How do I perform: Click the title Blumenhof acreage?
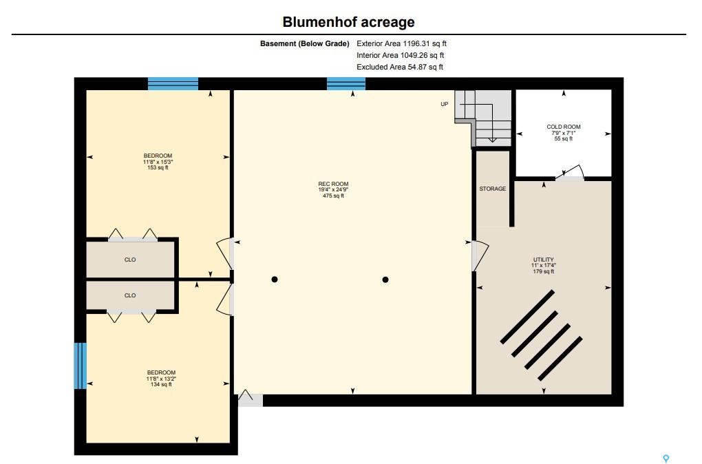pos(348,22)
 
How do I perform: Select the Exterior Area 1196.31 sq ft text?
pos(402,43)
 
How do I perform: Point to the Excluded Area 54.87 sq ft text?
pos(400,67)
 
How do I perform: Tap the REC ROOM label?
pos(333,184)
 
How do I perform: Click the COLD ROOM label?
pos(563,127)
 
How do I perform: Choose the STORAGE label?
pos(493,189)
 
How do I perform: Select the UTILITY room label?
pos(544,260)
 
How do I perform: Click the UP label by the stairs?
pos(444,104)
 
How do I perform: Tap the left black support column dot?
pos(275,280)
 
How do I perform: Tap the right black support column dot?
pos(385,280)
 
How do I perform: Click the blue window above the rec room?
pos(346,84)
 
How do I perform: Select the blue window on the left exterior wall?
pos(80,366)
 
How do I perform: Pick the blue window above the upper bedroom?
pos(173,84)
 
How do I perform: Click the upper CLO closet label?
pos(130,260)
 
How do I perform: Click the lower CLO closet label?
pos(130,295)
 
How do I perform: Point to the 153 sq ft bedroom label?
pos(158,162)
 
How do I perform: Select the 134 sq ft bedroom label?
pos(161,379)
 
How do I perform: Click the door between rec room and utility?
pos(480,255)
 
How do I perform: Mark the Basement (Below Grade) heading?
pos(304,43)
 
